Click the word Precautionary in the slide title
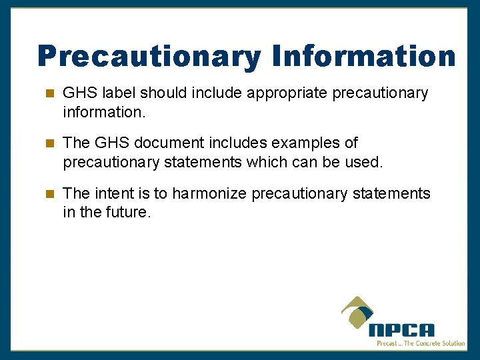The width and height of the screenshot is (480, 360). point(150,57)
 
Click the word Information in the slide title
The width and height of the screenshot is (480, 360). point(363,57)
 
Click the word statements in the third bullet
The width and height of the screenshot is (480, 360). point(392,194)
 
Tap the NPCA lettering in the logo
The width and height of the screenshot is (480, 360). point(401,329)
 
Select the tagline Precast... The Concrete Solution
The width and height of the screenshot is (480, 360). point(421,343)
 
